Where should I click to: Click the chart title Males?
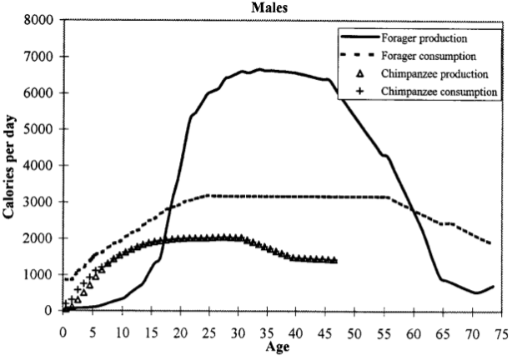click(x=275, y=7)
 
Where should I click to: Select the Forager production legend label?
click(x=424, y=38)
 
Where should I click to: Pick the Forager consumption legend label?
click(x=428, y=56)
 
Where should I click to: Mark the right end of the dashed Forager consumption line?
click(x=490, y=243)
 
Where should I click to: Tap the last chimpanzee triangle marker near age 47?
click(x=334, y=261)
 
